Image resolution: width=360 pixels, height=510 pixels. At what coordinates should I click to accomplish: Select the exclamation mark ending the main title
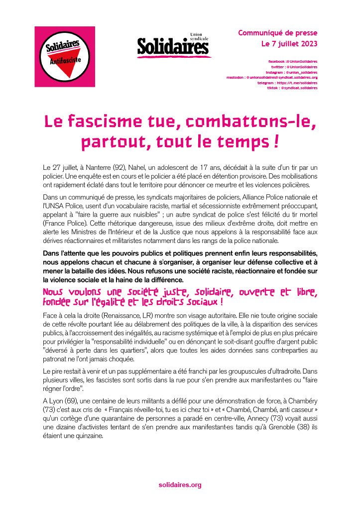275,141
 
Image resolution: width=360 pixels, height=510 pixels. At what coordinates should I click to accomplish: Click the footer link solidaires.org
180,485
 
